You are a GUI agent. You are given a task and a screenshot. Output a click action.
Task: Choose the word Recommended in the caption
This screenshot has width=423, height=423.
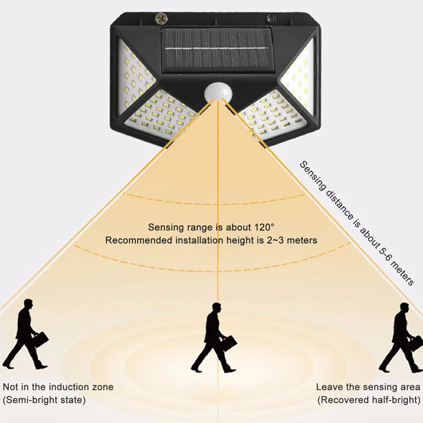point(133,240)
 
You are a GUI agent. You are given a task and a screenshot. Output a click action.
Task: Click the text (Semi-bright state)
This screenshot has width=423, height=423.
point(44,400)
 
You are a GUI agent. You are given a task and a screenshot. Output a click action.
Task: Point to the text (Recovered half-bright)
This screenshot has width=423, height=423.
point(369,400)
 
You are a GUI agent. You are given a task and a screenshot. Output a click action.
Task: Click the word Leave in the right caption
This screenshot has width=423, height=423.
point(328,387)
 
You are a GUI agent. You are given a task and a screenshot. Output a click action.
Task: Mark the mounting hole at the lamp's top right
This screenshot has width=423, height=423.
point(271,19)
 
